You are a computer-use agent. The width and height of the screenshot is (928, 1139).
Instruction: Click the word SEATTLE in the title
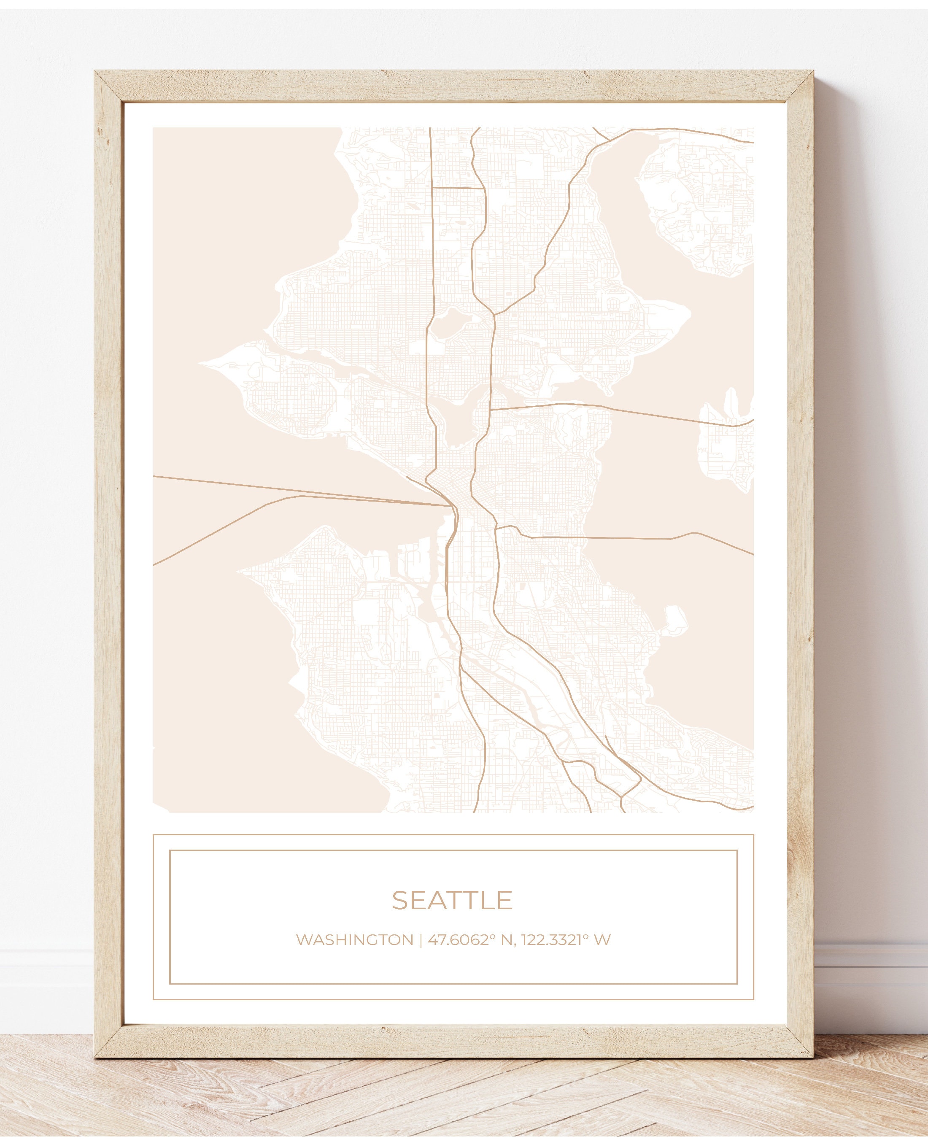coord(452,900)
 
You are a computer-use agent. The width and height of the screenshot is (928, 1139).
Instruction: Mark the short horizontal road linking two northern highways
coord(458,188)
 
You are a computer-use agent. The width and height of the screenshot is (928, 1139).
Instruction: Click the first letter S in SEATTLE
coord(399,900)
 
